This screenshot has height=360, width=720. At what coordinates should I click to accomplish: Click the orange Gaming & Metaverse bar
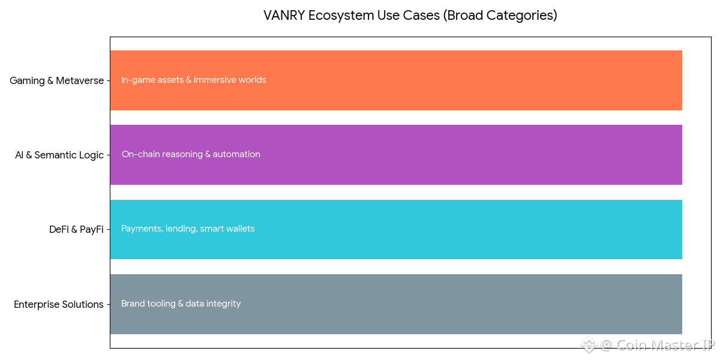[396, 80]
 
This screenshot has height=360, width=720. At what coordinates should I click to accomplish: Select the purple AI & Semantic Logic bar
[396, 155]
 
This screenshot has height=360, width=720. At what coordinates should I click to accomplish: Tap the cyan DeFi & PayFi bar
[396, 229]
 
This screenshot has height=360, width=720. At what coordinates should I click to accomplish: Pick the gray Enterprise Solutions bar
[396, 304]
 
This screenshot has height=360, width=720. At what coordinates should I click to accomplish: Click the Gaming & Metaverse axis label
[56, 80]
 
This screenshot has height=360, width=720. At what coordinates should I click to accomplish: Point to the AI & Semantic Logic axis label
[59, 155]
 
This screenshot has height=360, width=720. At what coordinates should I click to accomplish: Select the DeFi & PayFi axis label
[77, 229]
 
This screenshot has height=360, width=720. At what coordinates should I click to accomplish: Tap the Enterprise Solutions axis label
[59, 304]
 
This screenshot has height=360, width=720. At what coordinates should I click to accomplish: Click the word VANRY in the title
[284, 16]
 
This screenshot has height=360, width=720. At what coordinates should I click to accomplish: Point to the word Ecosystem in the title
[341, 16]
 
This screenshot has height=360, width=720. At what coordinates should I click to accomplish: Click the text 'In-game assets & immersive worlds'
[193, 80]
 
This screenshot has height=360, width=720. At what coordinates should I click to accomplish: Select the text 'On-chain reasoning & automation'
[191, 154]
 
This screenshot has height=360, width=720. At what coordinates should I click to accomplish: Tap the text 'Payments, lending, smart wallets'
[188, 229]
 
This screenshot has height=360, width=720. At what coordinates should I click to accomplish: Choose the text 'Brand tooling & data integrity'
[181, 304]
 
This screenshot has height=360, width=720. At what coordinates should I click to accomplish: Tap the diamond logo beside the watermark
[589, 345]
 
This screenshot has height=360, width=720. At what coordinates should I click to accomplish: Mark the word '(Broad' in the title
[463, 16]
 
